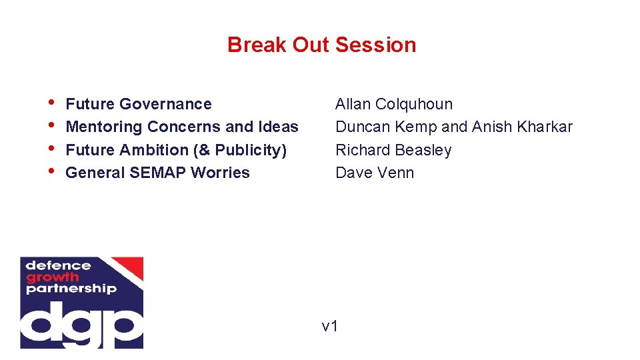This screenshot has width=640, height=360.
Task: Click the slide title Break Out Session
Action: (x=321, y=45)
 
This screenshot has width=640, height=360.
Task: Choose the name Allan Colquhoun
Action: (x=393, y=104)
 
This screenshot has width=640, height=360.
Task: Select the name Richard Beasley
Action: (x=393, y=150)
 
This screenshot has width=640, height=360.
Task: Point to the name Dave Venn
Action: (x=375, y=173)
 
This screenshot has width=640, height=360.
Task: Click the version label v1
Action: (x=330, y=326)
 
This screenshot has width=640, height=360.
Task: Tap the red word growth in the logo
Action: (x=52, y=277)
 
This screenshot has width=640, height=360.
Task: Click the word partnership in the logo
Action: (x=71, y=289)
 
